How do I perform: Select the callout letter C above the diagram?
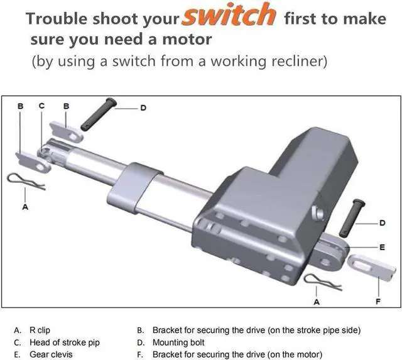coord(41,106)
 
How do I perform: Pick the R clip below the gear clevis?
coord(323,282)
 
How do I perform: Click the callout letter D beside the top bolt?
coord(143,108)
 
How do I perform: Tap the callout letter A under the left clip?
coord(25,205)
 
